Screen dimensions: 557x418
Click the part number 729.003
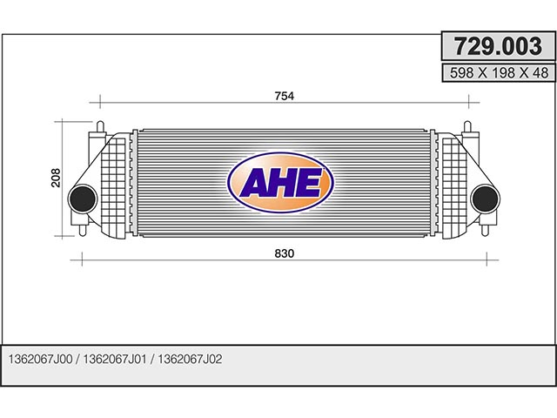(x=498, y=46)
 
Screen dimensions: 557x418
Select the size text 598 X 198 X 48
(x=499, y=73)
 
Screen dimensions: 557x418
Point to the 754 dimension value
(x=285, y=96)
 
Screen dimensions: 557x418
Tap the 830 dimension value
(x=285, y=253)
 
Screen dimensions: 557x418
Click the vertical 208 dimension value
(x=56, y=178)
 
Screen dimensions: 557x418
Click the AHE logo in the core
(x=280, y=182)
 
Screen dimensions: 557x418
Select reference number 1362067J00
(x=40, y=359)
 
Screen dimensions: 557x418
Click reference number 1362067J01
(x=115, y=359)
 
